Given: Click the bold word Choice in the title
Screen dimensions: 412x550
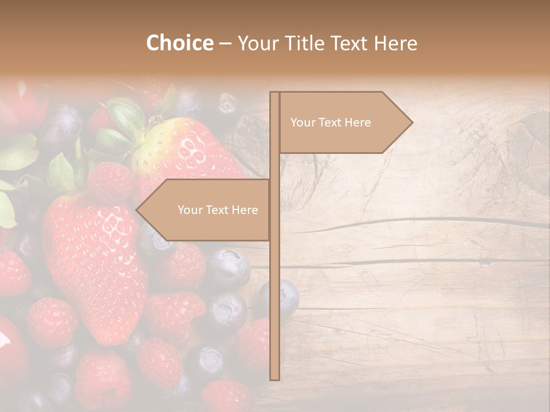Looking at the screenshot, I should tap(179, 43).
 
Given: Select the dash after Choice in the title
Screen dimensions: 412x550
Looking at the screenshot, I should tap(225, 43).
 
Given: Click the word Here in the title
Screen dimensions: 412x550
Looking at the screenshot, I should tap(396, 43).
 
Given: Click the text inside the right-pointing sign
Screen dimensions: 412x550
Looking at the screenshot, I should tap(331, 122).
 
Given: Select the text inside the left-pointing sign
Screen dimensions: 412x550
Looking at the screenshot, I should tap(218, 210).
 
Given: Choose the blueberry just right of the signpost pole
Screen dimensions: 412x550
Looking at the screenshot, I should tap(289, 298).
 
